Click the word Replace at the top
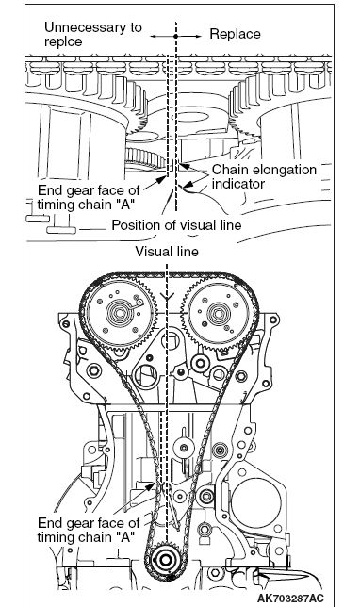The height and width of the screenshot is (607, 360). tap(235, 34)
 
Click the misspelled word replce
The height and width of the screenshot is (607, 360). tap(63, 41)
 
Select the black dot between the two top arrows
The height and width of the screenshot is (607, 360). tap(175, 36)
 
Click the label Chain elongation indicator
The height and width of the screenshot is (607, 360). tap(264, 176)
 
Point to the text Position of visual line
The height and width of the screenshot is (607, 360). tap(176, 225)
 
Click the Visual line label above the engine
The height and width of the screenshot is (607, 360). tap(167, 252)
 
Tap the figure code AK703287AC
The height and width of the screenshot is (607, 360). tap(290, 599)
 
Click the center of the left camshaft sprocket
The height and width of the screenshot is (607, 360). tap(117, 313)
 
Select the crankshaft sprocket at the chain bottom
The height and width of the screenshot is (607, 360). tap(165, 560)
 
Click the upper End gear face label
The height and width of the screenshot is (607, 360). tap(89, 197)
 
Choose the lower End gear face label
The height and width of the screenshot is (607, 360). tap(89, 530)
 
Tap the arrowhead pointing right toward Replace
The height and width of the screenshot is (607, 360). tap(198, 36)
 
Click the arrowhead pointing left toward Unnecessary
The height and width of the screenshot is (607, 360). tap(154, 36)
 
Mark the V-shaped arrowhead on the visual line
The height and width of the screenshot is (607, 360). tap(167, 297)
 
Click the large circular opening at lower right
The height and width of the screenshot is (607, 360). tap(256, 502)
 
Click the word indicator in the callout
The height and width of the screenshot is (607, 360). tap(238, 184)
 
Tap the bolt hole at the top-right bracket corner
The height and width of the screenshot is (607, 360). tap(273, 320)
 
